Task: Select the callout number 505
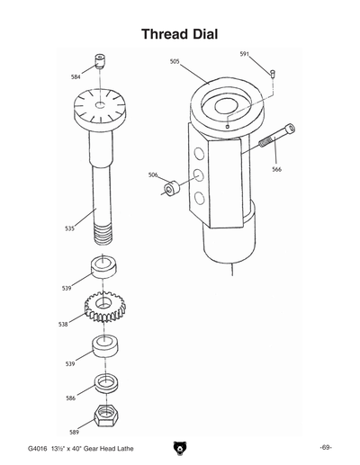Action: point(175,61)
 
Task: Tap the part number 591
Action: point(244,54)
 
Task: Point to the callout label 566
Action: point(276,168)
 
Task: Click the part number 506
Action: point(153,175)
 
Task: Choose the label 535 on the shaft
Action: point(69,228)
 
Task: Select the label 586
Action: point(70,397)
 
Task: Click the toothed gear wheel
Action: point(106,308)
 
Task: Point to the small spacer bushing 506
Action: point(170,191)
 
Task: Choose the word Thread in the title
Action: point(166,33)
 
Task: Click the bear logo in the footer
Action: point(180,447)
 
